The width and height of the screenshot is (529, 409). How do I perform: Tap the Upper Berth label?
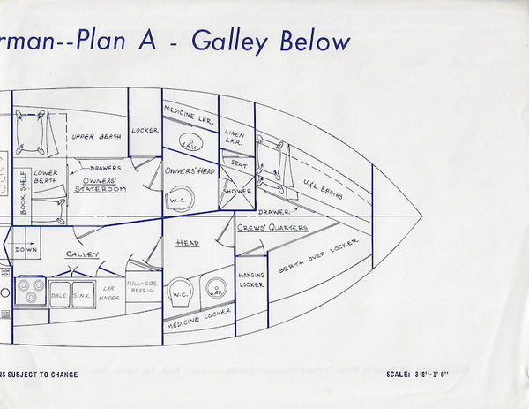(x=95, y=137)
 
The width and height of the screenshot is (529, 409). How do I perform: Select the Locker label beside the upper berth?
(x=145, y=131)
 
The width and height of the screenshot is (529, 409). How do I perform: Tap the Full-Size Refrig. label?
(x=142, y=289)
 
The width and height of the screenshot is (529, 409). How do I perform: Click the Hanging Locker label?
(x=250, y=280)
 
